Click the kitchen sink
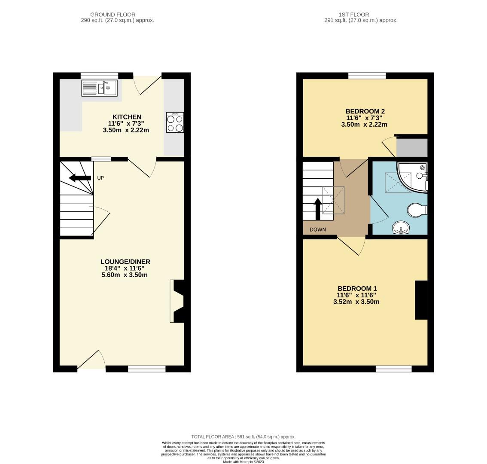[x=99, y=89]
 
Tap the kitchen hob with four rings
[x=175, y=122]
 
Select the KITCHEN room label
[x=127, y=117]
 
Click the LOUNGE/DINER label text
[x=125, y=262]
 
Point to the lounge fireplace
[x=178, y=301]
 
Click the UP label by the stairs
[x=100, y=178]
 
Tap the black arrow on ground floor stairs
[x=80, y=178]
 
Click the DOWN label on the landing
[x=317, y=229]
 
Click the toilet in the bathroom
[x=417, y=210]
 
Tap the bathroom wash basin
[x=401, y=228]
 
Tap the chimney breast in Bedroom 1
[x=421, y=300]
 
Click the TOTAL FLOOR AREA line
[x=243, y=437]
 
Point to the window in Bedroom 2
[x=367, y=76]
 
